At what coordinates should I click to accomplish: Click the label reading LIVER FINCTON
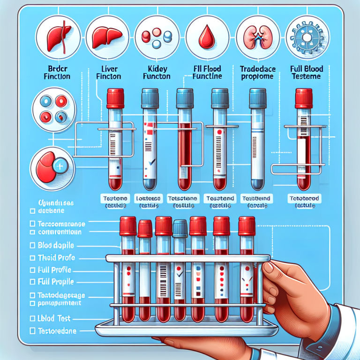(x=108, y=72)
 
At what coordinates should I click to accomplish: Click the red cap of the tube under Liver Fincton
(x=115, y=98)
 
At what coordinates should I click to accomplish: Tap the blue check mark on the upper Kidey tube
(x=150, y=163)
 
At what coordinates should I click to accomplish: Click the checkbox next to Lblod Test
(x=32, y=318)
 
